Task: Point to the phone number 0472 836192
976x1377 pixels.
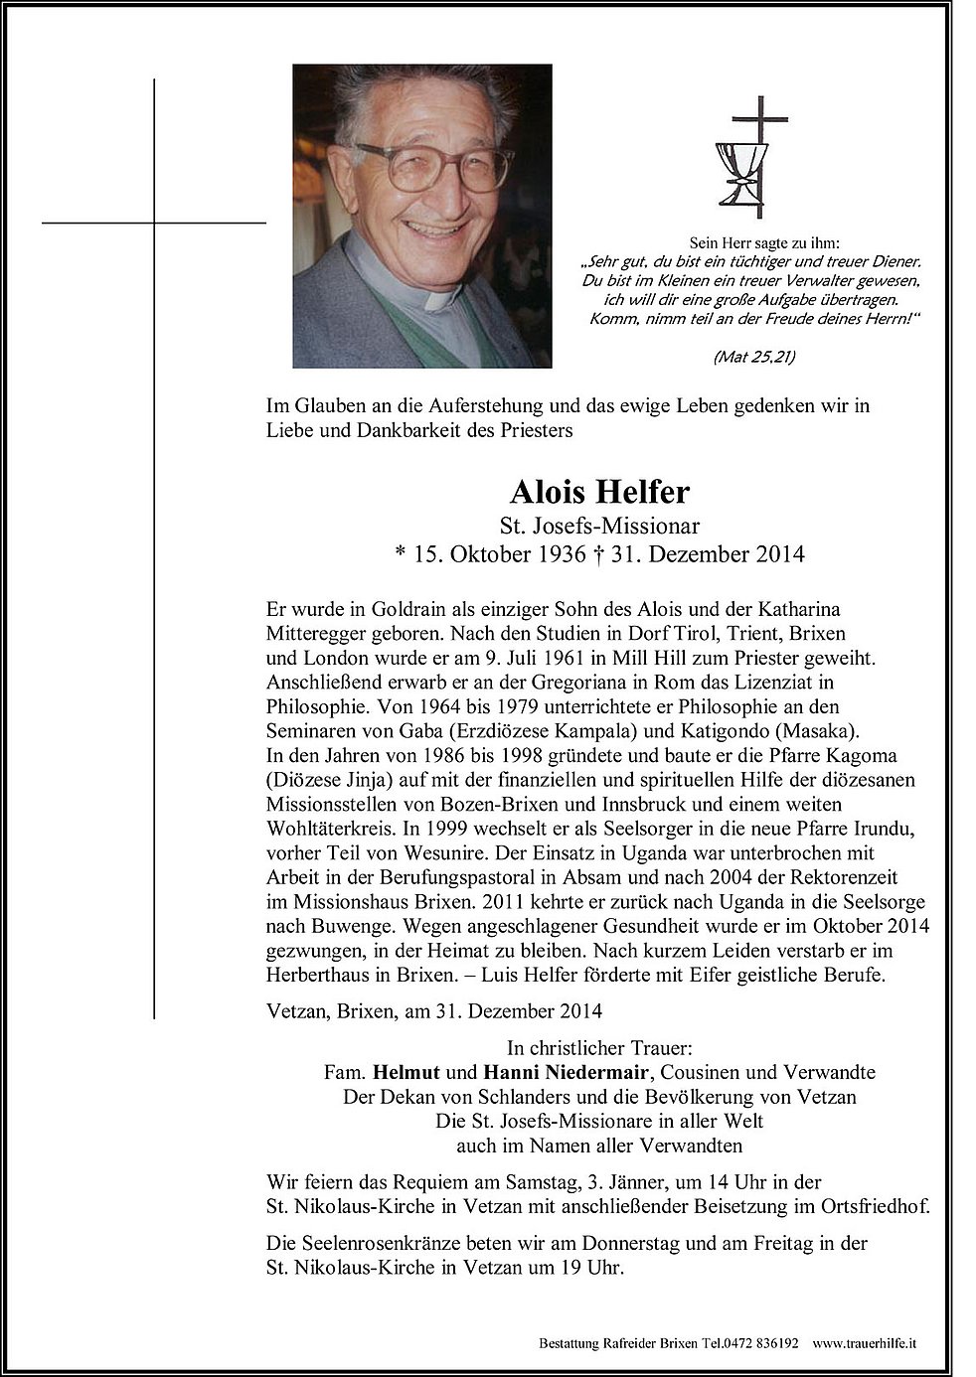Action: [x=762, y=1341]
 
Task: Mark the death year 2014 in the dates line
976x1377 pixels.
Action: [x=777, y=553]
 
